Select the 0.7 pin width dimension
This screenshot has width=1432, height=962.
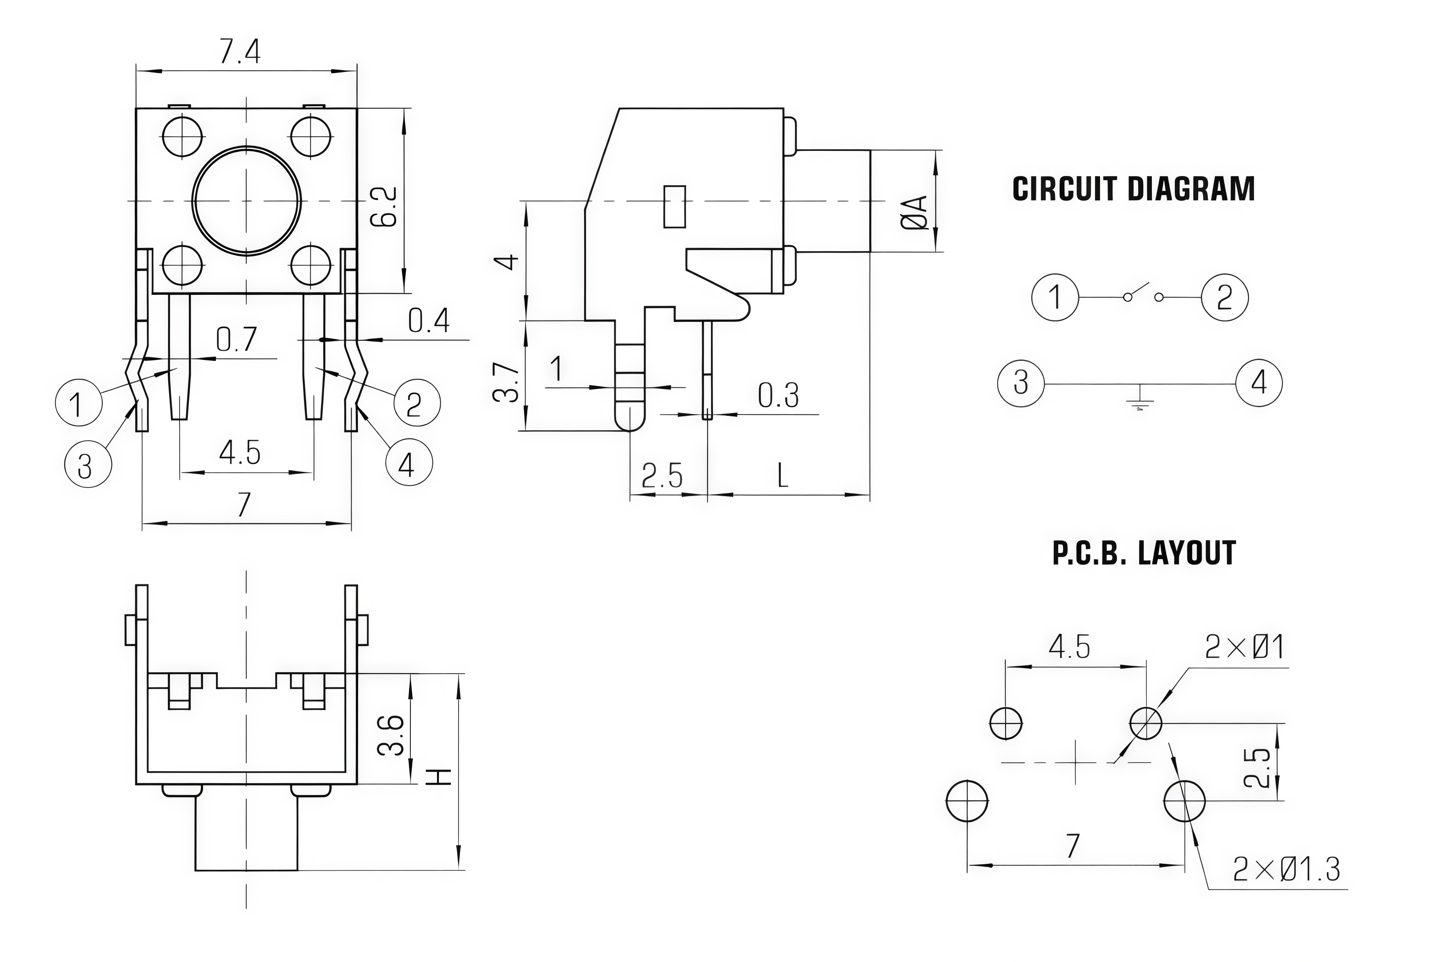(237, 339)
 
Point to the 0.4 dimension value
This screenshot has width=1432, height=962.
(429, 321)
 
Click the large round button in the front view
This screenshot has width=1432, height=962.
(247, 201)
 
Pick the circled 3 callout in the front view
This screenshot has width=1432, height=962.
(88, 464)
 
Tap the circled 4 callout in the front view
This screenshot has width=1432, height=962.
(409, 463)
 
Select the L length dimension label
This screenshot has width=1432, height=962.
(782, 475)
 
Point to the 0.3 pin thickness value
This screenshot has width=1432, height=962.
(779, 396)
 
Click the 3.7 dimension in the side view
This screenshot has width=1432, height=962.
(507, 381)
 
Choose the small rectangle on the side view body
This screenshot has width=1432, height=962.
(675, 207)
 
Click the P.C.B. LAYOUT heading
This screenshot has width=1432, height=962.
(1144, 553)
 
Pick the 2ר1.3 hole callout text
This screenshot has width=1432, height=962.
(1287, 869)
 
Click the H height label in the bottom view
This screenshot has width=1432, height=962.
(439, 777)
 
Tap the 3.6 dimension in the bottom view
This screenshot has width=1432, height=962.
(391, 735)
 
